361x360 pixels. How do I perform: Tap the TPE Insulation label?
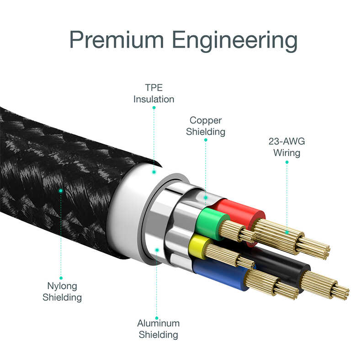154,93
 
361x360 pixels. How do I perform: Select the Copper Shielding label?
206,126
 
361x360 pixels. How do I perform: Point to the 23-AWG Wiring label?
287,147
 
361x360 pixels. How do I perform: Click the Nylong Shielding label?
62,291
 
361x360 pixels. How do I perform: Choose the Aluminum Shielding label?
158,329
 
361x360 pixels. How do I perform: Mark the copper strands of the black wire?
327,284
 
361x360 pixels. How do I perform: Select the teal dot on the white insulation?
154,172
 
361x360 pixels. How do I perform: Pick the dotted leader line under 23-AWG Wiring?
287,192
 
